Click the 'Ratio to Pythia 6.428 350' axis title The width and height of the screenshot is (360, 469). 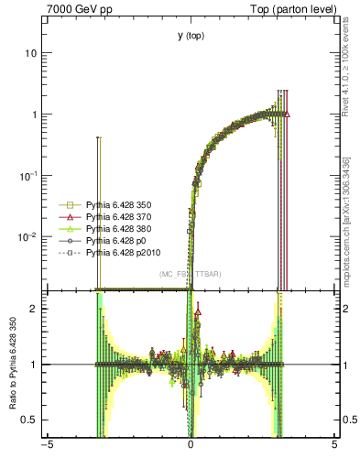(13, 364)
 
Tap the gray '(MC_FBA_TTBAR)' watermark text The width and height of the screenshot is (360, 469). (191, 274)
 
